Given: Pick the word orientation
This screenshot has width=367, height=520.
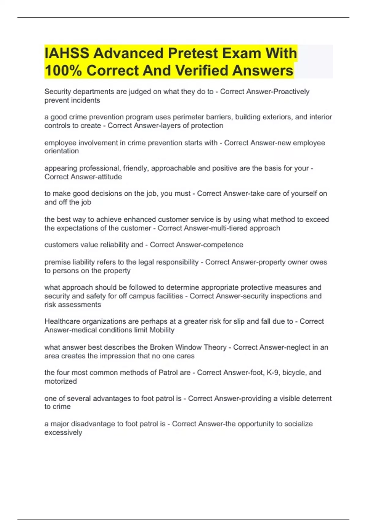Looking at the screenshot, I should click(x=61, y=151).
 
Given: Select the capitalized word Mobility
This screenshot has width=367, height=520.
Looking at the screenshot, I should click(x=162, y=330).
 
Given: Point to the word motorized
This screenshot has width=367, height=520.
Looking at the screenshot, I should click(x=61, y=381).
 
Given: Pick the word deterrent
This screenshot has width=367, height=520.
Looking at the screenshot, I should click(x=316, y=399).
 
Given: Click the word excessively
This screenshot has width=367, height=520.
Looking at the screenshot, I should click(x=63, y=433).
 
